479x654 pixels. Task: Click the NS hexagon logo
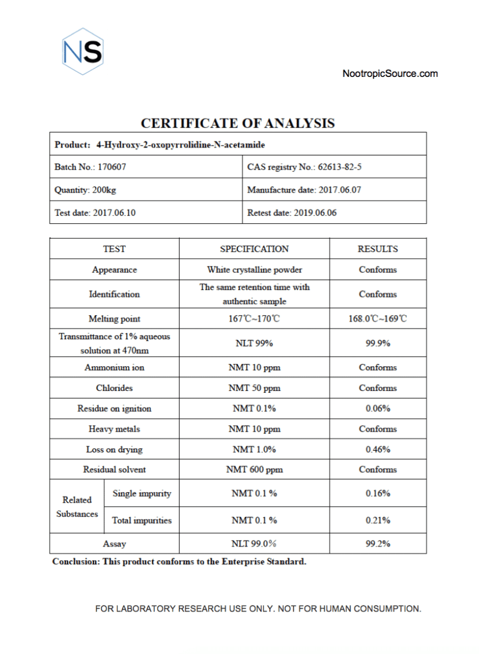[x=82, y=52]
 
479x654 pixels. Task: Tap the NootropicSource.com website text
[x=390, y=74]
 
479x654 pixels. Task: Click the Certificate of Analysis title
[x=238, y=123]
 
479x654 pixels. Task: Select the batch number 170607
[x=112, y=167]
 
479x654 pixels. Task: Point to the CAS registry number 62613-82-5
[x=340, y=167]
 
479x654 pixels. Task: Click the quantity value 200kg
[x=104, y=190]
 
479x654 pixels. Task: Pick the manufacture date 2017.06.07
[x=344, y=190]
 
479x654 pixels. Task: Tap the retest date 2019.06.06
[x=315, y=212]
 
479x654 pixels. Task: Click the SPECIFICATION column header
[x=254, y=249]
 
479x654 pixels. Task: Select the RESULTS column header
[x=378, y=249]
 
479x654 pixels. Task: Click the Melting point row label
[x=115, y=319]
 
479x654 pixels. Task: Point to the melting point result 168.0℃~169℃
[x=378, y=319]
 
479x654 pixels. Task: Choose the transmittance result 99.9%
[x=378, y=343]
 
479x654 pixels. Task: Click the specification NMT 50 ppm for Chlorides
[x=254, y=388]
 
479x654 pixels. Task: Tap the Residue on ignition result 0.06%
[x=378, y=408]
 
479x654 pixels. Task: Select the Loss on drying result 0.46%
[x=378, y=449]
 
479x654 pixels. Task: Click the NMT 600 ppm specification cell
[x=254, y=470]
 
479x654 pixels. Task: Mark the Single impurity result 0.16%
[x=378, y=493]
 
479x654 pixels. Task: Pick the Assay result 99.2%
[x=378, y=544]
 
